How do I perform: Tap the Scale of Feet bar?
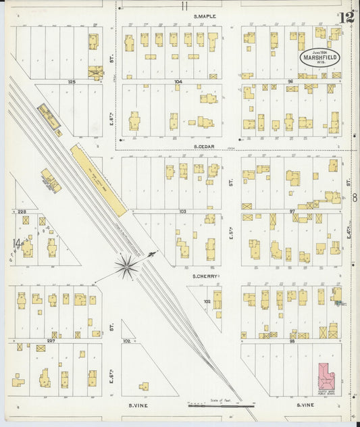click(x=222, y=406)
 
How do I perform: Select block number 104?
click(x=178, y=81)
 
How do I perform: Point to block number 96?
click(x=290, y=82)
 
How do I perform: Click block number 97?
click(x=292, y=211)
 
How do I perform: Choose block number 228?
click(x=22, y=211)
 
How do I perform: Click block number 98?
click(x=292, y=341)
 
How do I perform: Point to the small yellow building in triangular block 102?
click(x=144, y=386)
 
